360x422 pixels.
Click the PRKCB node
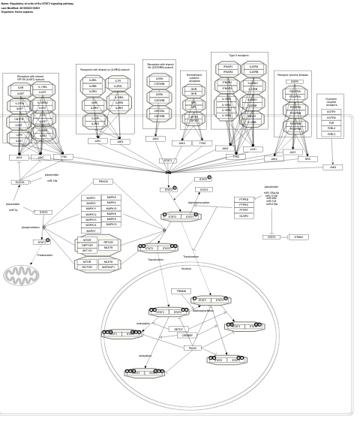[103, 182]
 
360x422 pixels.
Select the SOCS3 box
[19, 182]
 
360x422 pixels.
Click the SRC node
[307, 159]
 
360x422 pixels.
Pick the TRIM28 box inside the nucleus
[181, 291]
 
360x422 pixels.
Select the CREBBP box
[187, 336]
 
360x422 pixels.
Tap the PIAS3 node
[192, 348]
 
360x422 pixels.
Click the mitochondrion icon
[21, 276]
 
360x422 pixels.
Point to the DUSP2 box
[244, 216]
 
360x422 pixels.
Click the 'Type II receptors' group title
[238, 56]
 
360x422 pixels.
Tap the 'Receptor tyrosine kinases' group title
[292, 74]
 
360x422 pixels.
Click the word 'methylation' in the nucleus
[142, 324]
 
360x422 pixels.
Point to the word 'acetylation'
[145, 356]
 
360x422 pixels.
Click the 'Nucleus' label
[186, 268]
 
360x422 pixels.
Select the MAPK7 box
[91, 231]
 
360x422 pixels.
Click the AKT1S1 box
[88, 251]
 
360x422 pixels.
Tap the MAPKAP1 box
[109, 267]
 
